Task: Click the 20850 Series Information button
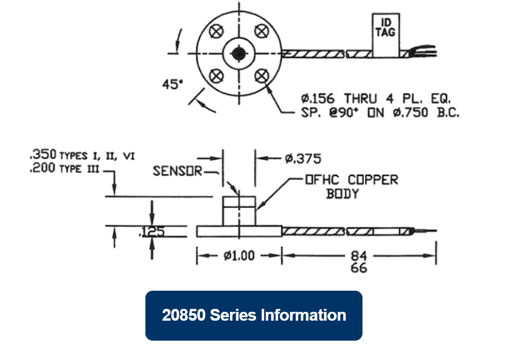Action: [253, 315]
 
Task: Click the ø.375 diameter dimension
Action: [303, 159]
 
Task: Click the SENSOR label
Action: [177, 171]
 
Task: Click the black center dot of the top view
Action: [239, 53]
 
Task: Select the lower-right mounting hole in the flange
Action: [260, 75]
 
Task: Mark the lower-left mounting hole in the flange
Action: [218, 75]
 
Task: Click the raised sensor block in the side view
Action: [239, 211]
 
